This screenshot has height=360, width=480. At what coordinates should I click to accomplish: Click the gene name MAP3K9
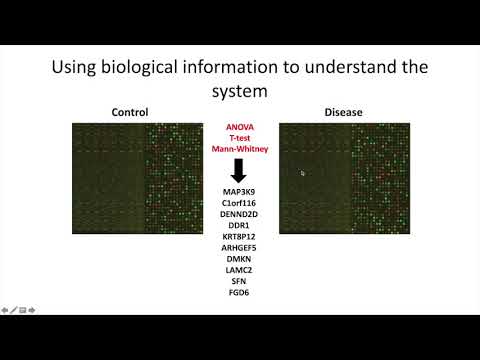[x=239, y=191]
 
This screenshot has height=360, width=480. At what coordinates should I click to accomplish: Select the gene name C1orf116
[x=239, y=203]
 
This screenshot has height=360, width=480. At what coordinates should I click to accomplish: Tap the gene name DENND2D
[x=239, y=214]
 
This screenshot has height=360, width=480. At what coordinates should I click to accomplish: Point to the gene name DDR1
[x=239, y=225]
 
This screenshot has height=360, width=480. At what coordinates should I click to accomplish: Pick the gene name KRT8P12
[x=239, y=236]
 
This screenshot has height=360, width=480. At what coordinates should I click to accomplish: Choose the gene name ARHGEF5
[x=239, y=247]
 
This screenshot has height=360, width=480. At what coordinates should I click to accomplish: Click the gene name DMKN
[x=239, y=259]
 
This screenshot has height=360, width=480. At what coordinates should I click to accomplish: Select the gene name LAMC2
[x=239, y=270]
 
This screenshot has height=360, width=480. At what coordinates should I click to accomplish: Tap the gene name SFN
[x=239, y=281]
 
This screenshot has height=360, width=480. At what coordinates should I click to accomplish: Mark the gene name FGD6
[x=239, y=292]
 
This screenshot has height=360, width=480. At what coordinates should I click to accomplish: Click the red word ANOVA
[x=239, y=127]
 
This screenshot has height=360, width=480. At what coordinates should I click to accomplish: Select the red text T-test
[x=239, y=138]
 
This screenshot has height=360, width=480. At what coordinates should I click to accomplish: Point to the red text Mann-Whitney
[x=239, y=149]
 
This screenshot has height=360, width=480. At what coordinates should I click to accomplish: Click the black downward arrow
[x=239, y=168]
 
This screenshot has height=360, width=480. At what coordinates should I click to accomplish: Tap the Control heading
[x=137, y=112]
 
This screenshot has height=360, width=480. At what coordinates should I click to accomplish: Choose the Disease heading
[x=342, y=112]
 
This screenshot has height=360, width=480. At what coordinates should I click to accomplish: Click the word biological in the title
[x=172, y=68]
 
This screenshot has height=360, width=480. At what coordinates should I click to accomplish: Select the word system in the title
[x=240, y=92]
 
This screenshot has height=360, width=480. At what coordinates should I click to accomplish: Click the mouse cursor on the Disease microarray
[x=303, y=173]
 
